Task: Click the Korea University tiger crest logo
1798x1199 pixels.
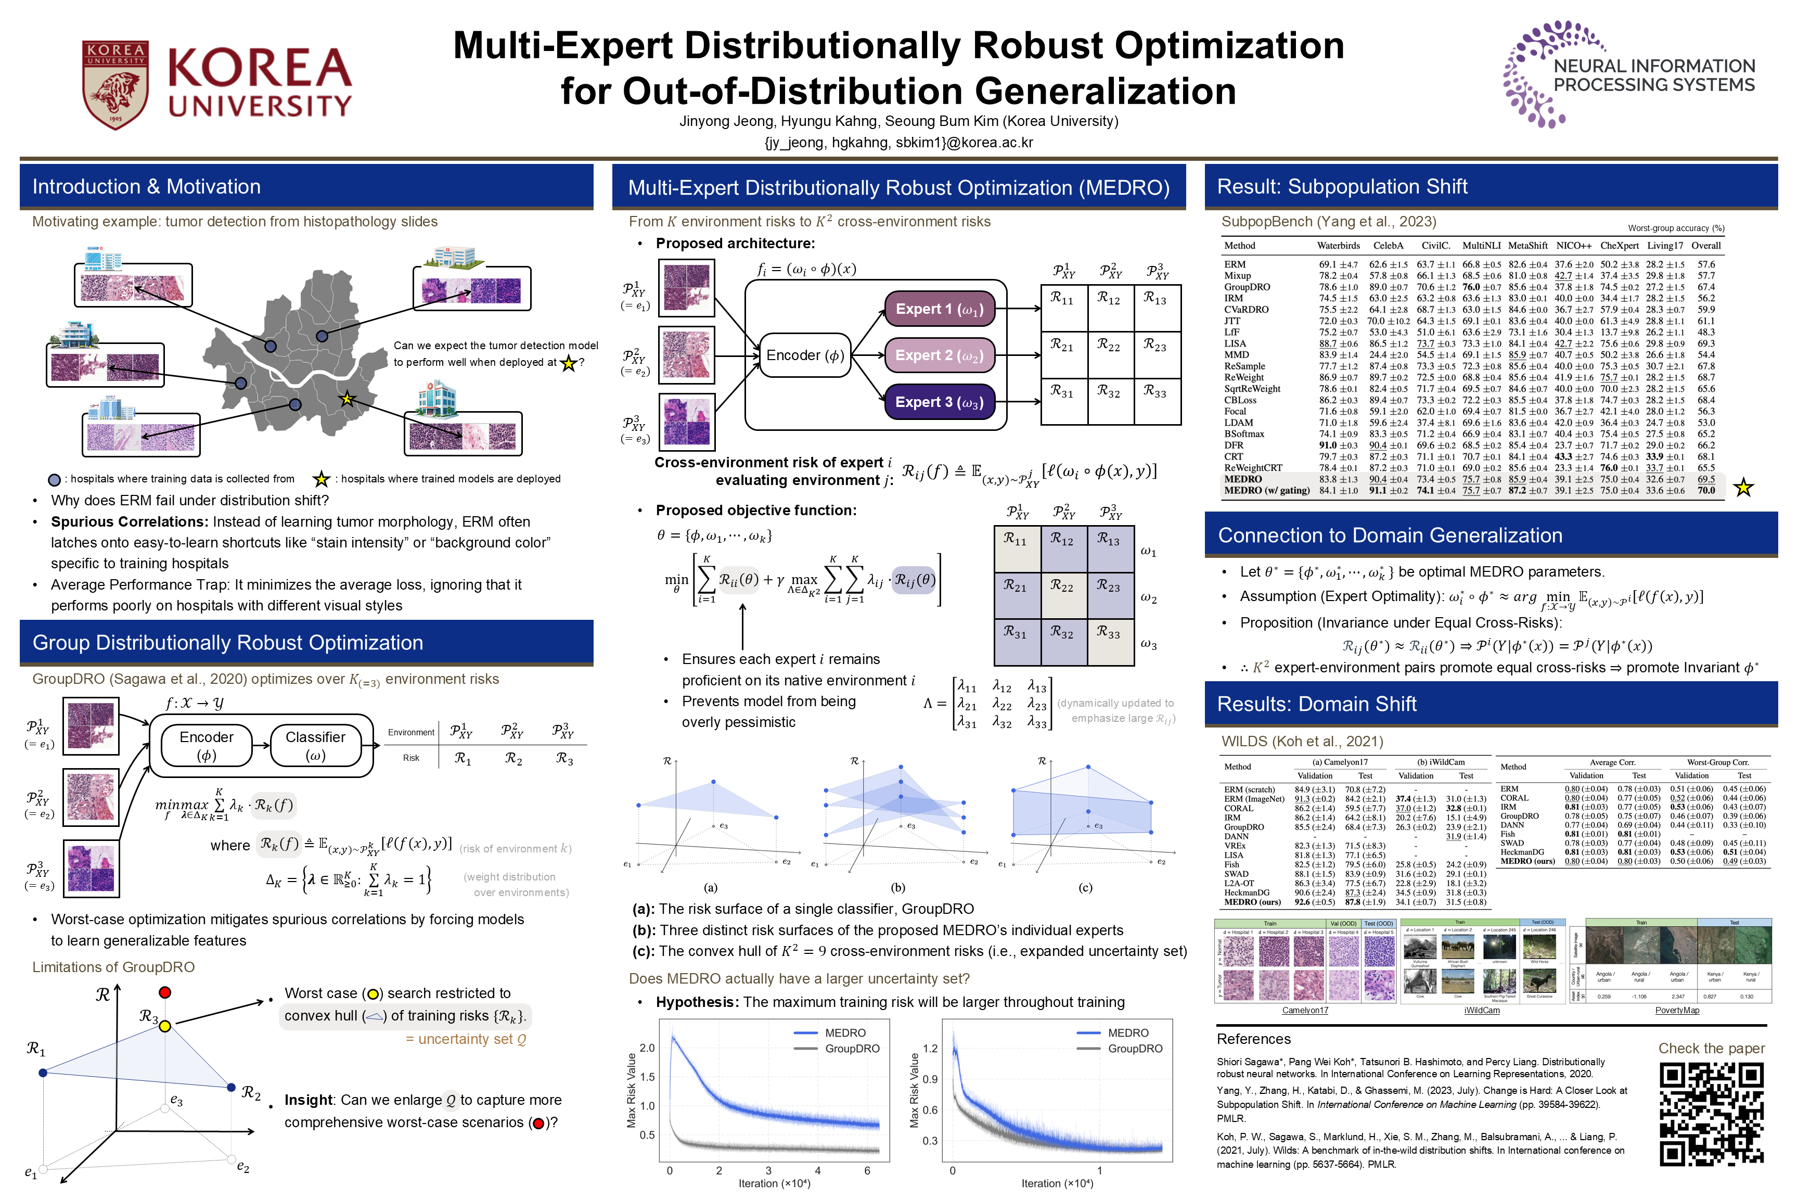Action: [x=115, y=84]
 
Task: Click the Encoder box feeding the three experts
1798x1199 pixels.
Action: [x=805, y=355]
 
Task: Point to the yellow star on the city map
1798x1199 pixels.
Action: [x=347, y=399]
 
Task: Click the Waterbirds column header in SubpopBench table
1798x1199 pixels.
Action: [x=1338, y=246]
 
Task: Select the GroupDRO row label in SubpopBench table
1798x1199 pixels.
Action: [x=1247, y=287]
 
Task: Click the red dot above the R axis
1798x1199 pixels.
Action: [x=165, y=992]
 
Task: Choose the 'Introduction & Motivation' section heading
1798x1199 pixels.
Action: [x=146, y=187]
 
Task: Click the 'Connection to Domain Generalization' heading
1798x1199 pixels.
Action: [x=1389, y=535]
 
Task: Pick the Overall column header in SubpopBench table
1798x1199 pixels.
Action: [x=1705, y=246]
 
